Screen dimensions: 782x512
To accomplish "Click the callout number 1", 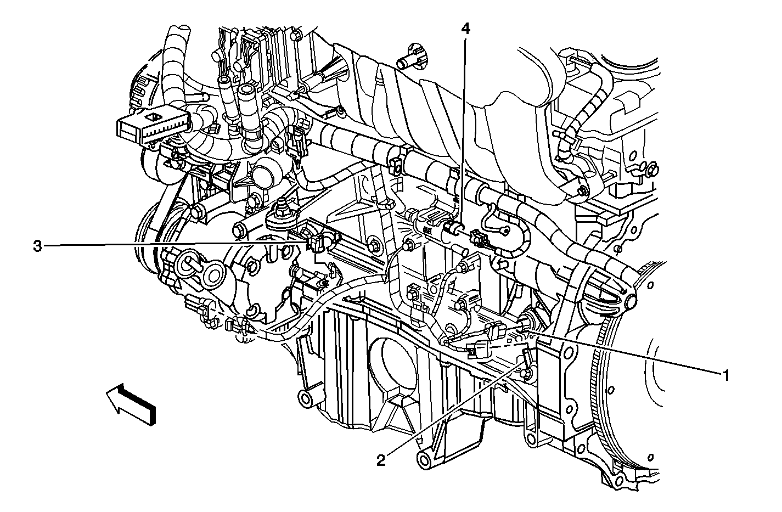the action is (725, 376).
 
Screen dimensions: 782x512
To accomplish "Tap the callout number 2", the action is (381, 460).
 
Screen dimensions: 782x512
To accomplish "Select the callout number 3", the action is (37, 246).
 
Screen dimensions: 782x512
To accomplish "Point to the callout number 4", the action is (465, 29).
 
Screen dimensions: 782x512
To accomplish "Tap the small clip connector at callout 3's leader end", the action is (315, 243).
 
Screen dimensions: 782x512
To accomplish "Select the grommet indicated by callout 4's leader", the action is (451, 228).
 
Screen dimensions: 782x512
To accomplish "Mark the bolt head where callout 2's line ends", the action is (526, 374).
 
